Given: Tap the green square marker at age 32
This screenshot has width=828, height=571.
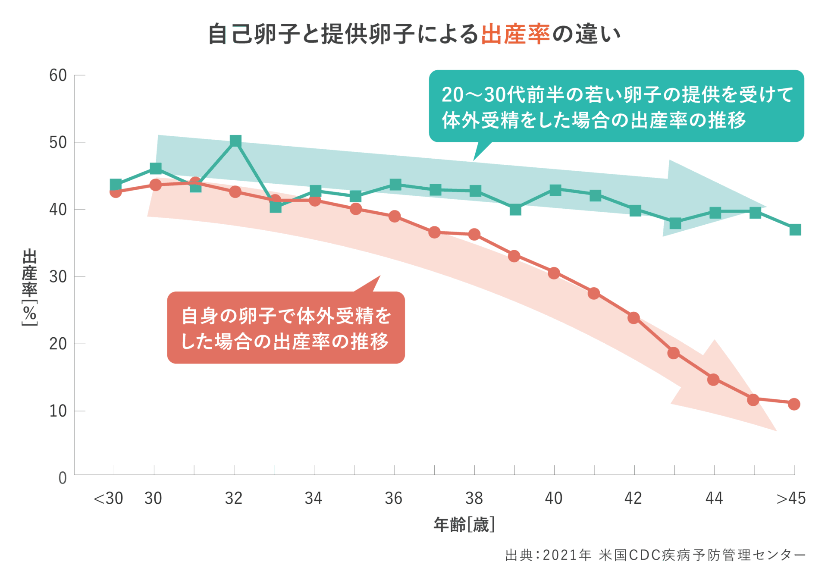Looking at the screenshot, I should (235, 141).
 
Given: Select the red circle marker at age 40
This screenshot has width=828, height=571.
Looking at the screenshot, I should (554, 273).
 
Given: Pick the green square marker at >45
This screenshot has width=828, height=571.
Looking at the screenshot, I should (795, 229).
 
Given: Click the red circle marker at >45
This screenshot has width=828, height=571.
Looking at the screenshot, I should (794, 404).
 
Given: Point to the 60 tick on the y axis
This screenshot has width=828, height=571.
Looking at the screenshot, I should (58, 75).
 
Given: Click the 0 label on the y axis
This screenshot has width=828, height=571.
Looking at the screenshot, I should (63, 478).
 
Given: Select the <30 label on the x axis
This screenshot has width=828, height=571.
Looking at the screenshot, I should (108, 499).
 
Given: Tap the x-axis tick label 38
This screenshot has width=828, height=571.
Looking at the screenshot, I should (474, 499).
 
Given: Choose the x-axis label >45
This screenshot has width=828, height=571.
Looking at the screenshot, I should (791, 499).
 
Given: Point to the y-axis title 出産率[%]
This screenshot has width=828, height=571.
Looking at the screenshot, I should (30, 287).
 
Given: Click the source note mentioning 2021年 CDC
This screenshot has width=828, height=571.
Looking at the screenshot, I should (655, 555).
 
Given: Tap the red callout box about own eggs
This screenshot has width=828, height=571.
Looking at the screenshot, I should (285, 328).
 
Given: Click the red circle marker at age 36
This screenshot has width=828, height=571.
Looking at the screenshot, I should (394, 216).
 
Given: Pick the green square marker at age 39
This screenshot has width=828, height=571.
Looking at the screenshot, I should (515, 210).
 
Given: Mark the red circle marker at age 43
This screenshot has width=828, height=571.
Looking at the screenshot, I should (674, 353).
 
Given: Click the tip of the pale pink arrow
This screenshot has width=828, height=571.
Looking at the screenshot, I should (776, 430).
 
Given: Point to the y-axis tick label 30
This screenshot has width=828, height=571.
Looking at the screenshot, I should (58, 277).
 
